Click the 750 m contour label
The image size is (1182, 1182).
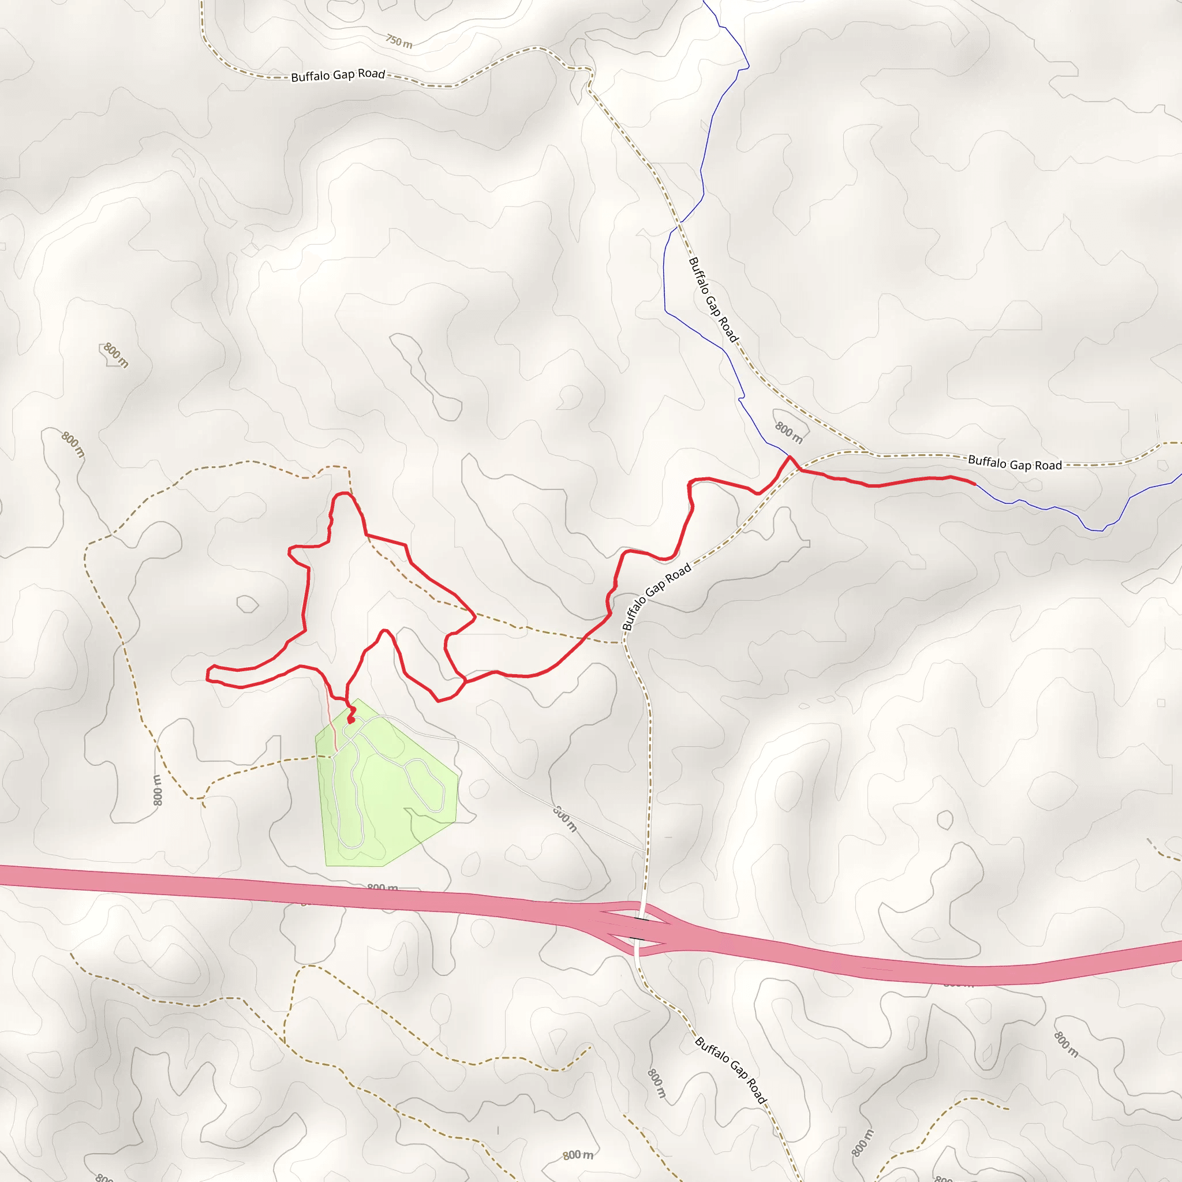click(x=399, y=42)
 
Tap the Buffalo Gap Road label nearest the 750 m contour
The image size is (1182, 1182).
click(x=338, y=75)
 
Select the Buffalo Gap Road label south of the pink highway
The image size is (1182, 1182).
click(x=731, y=1071)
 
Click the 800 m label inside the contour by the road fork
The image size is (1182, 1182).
click(x=788, y=432)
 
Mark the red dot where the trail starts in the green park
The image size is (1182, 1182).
click(x=350, y=721)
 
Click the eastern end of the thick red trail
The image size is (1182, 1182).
click(x=975, y=484)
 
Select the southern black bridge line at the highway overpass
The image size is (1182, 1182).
click(x=638, y=938)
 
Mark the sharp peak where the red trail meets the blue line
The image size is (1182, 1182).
click(x=789, y=457)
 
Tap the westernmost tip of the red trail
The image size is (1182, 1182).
click(x=207, y=676)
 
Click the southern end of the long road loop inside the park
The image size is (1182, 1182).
click(x=350, y=847)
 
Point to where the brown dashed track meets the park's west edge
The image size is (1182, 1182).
click(x=316, y=757)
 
